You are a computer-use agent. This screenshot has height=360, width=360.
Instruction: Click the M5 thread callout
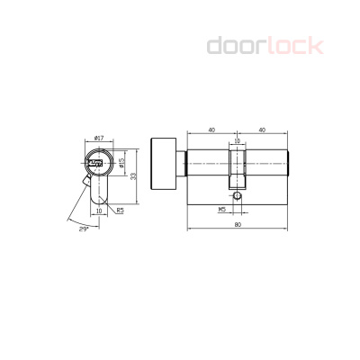[x=221, y=209]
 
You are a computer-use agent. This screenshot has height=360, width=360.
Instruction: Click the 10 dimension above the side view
[x=237, y=140]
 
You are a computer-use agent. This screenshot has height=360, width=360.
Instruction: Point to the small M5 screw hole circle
[x=237, y=195]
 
